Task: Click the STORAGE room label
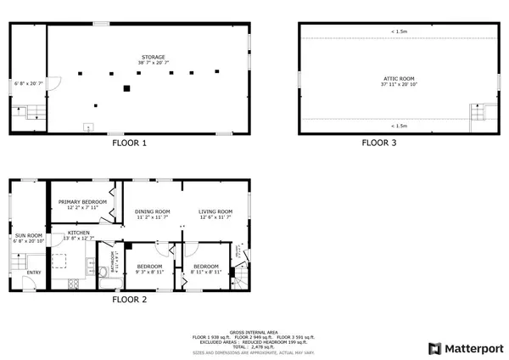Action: (x=153, y=57)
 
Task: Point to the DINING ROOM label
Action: (x=153, y=211)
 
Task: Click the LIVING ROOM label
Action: (x=215, y=211)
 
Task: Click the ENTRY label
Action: (x=33, y=272)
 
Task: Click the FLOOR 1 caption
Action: (x=130, y=143)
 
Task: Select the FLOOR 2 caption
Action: (x=130, y=300)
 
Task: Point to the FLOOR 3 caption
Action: (x=379, y=143)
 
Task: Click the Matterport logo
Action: (x=466, y=348)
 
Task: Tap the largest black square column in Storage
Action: (x=126, y=87)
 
